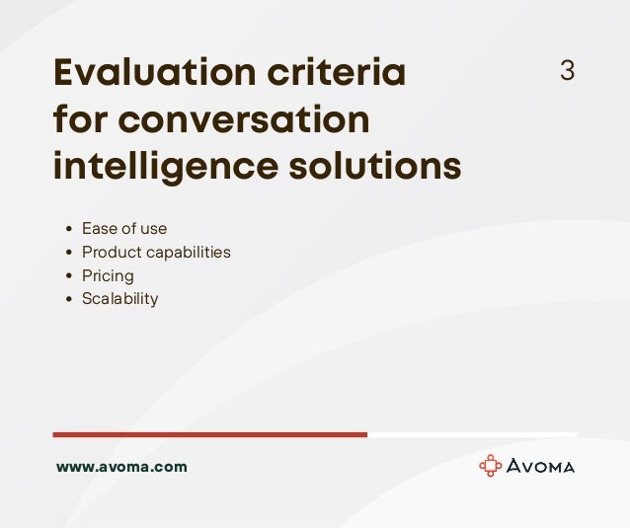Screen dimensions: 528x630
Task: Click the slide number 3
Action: point(567,71)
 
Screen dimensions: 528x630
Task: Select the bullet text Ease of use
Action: point(124,229)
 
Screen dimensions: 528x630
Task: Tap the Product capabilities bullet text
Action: point(156,253)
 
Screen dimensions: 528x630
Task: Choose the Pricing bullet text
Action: point(108,276)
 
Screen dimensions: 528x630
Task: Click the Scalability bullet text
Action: point(119,299)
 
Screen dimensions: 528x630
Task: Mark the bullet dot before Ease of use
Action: point(68,230)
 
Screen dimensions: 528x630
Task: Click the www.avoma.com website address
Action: point(121,467)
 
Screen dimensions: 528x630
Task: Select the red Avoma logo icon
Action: point(490,466)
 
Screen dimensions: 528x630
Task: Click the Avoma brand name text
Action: point(541,467)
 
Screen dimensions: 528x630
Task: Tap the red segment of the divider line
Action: point(209,434)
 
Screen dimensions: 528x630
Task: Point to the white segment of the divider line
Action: point(472,434)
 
